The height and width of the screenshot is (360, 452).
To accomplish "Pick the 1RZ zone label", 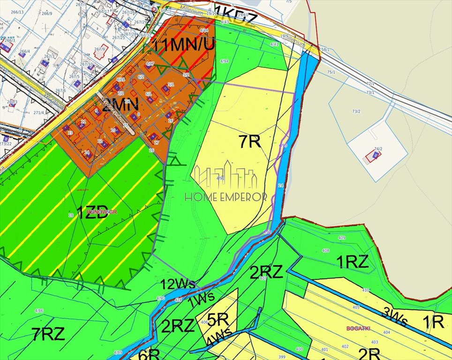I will (x=353, y=262).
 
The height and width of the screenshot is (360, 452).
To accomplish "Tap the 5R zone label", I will (x=218, y=320).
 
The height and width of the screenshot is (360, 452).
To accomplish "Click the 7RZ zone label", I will (x=48, y=334).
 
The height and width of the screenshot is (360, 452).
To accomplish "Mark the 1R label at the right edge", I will (x=433, y=322).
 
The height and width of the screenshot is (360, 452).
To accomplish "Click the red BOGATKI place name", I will (x=358, y=328).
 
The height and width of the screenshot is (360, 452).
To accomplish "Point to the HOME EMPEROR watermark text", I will (x=226, y=197).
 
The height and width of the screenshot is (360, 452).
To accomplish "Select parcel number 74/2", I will (x=377, y=149).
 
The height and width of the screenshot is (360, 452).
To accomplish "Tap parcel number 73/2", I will (x=356, y=111).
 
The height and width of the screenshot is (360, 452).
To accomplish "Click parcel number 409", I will (x=341, y=238).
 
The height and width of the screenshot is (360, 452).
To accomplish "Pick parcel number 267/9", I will (x=99, y=49).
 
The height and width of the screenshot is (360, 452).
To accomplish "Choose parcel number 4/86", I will (x=39, y=311).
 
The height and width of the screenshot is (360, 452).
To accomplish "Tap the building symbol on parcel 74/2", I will (x=375, y=155).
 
